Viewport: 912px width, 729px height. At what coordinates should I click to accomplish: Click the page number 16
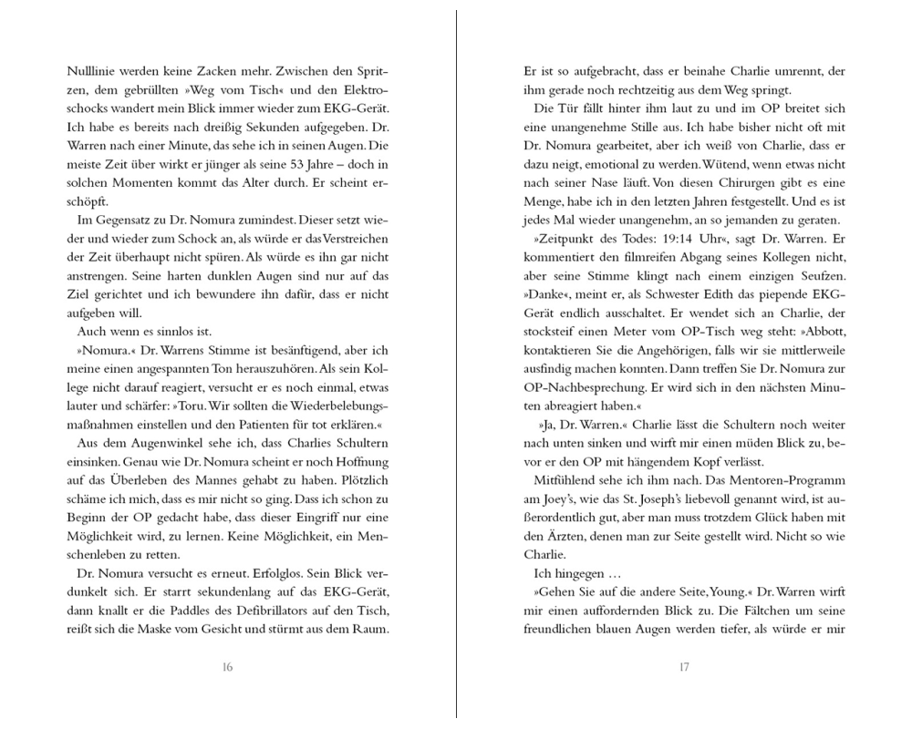(228, 666)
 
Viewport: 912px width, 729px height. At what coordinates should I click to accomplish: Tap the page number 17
(684, 666)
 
